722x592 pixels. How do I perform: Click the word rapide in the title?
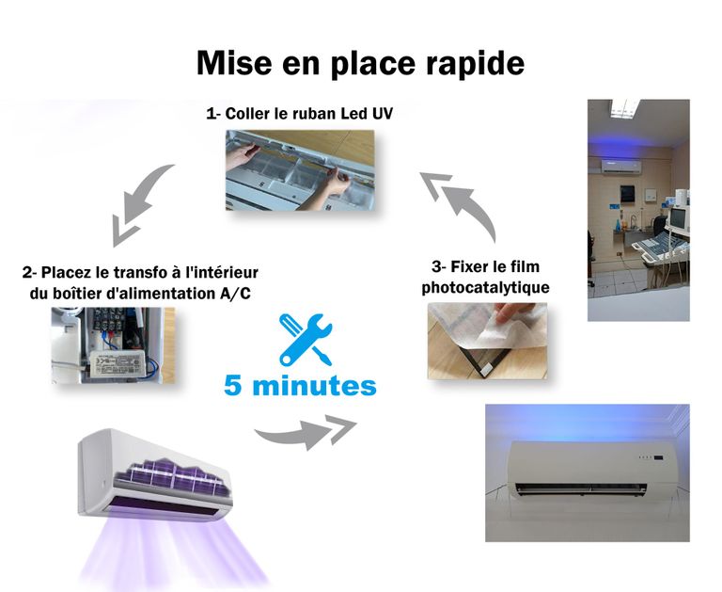click(475, 64)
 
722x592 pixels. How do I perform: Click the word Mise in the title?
click(234, 63)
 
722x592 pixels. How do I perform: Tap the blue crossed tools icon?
click(306, 340)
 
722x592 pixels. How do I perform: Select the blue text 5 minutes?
click(300, 386)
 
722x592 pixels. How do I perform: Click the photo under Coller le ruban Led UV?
click(300, 170)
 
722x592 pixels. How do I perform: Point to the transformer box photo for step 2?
click(113, 345)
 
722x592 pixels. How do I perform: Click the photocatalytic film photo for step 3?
click(487, 342)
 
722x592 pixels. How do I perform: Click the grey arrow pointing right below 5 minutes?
click(306, 432)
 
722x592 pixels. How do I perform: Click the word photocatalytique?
click(486, 287)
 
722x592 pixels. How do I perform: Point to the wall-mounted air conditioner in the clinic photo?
click(620, 167)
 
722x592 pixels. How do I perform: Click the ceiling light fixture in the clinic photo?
click(625, 108)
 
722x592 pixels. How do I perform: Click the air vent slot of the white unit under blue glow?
click(581, 488)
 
